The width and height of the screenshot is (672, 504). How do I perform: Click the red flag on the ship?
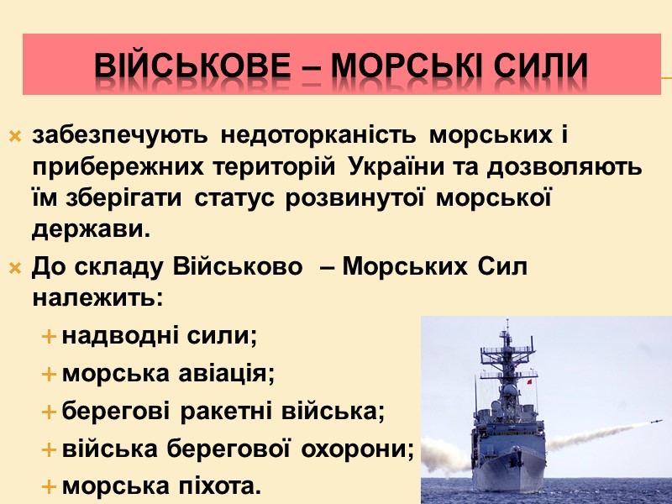(530, 382)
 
